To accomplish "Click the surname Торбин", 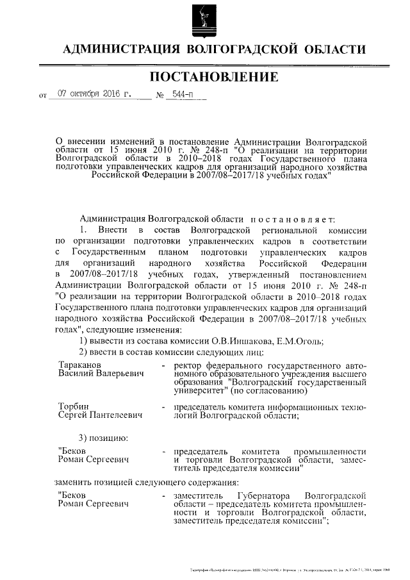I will coord(72,407).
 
